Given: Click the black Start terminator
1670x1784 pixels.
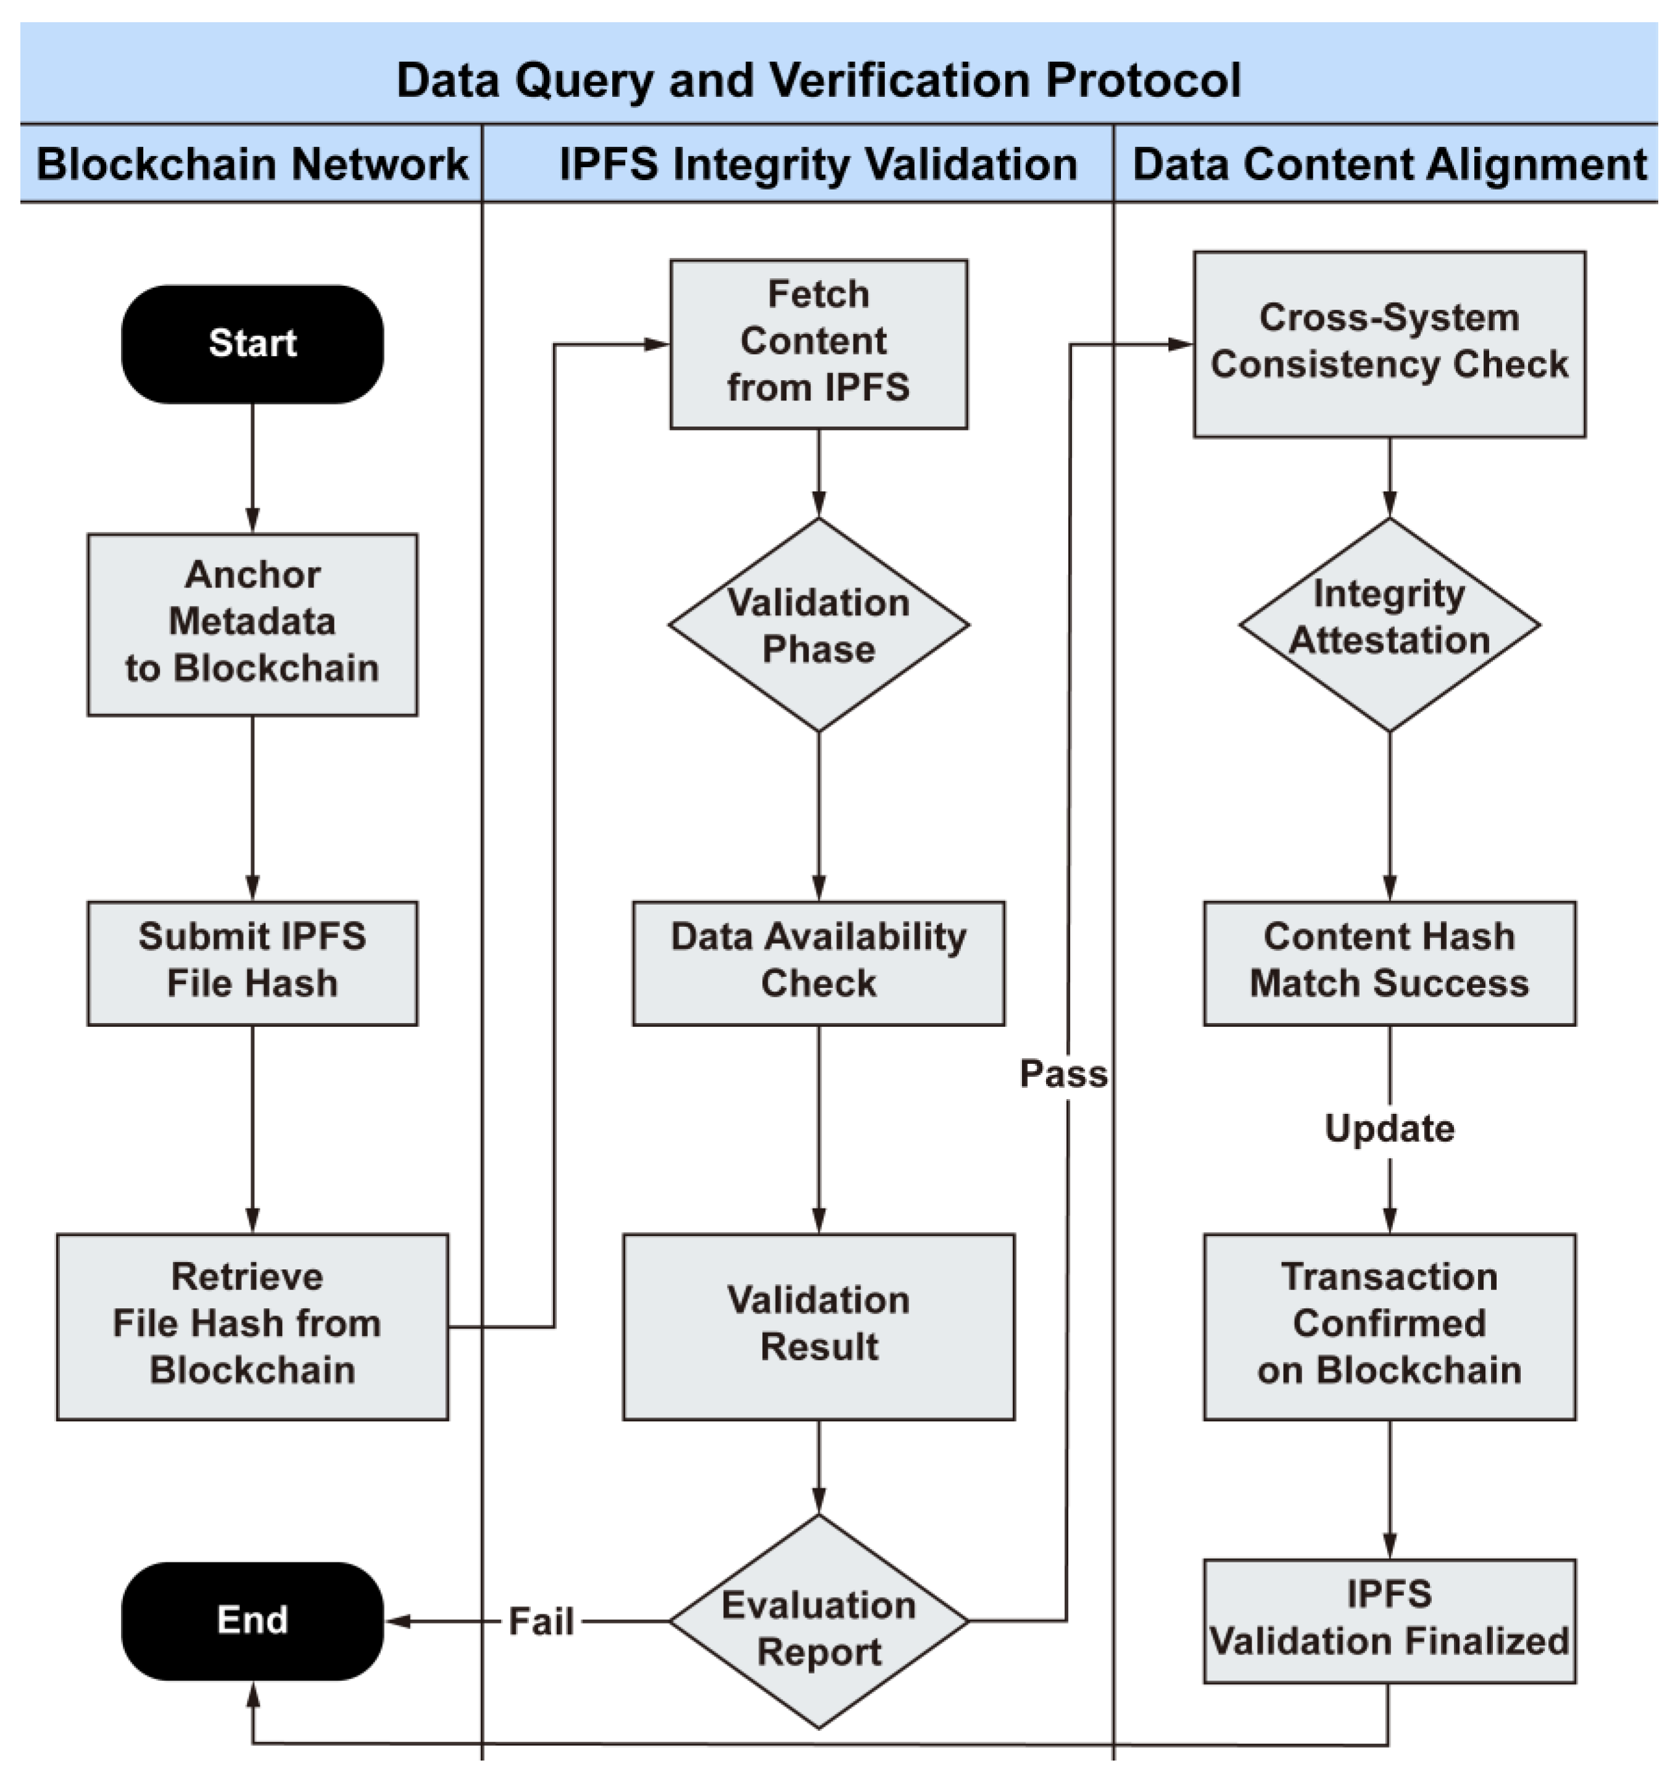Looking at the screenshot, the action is pos(252,344).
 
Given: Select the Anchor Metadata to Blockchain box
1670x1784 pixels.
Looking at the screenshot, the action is pos(252,624).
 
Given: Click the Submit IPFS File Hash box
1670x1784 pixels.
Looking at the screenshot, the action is pos(252,963).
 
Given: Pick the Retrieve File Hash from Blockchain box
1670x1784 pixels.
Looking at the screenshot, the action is pos(252,1326).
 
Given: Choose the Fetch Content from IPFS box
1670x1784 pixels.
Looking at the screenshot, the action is pos(818,344).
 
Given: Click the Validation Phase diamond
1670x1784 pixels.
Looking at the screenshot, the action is pos(818,624).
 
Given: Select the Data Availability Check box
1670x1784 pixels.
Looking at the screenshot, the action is pos(818,963).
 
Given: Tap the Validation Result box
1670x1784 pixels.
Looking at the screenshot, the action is pos(818,1326).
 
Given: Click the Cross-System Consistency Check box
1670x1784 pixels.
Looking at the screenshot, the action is pos(1389,344).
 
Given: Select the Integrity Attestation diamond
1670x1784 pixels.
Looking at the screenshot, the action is pos(1389,624).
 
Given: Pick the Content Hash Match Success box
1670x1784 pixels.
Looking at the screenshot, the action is pos(1389,963).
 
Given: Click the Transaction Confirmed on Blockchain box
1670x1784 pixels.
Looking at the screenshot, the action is pos(1389,1326).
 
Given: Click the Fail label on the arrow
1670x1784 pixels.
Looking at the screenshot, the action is pos(541,1622).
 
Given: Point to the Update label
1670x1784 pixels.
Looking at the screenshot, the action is pos(1389,1128).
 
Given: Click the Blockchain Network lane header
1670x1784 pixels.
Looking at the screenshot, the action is pos(252,164).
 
